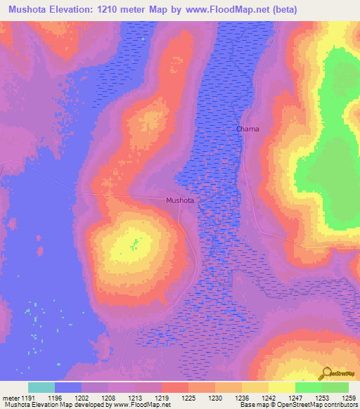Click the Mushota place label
(180, 200)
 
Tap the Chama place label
(247, 129)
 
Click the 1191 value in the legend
(27, 398)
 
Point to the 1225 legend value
(188, 398)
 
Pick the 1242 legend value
(269, 398)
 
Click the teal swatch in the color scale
(41, 387)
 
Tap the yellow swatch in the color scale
(282, 387)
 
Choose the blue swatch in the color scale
(68, 387)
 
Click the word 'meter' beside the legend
(9, 398)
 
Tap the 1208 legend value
(108, 398)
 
